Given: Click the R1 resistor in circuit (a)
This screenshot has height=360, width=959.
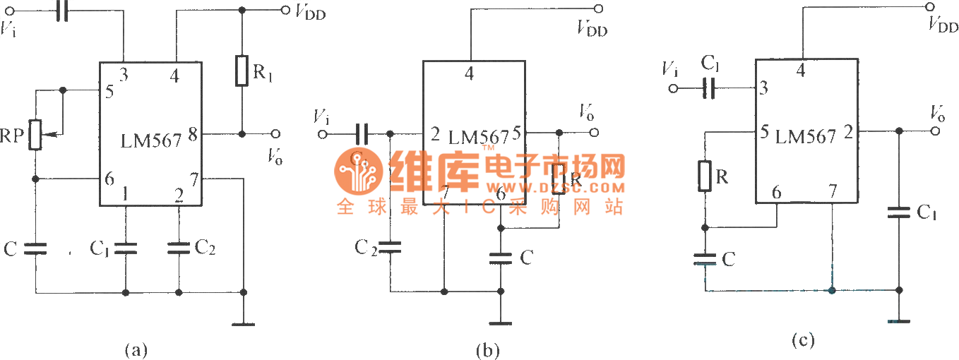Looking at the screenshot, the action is (242, 70).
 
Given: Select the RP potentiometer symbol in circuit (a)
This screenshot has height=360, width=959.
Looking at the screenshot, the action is (36, 133).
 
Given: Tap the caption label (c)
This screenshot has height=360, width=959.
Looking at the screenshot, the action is (803, 341).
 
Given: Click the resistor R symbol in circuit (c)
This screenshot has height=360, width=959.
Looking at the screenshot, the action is (703, 176).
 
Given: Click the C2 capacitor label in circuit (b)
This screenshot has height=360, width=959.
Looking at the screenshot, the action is (366, 247).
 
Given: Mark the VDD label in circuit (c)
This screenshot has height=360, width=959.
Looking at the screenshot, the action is (943, 26).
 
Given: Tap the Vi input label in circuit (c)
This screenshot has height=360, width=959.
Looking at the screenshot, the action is (671, 69).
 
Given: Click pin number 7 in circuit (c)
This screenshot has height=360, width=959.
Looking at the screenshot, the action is (833, 191).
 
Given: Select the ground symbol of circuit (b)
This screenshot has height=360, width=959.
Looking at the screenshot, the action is (500, 324).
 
